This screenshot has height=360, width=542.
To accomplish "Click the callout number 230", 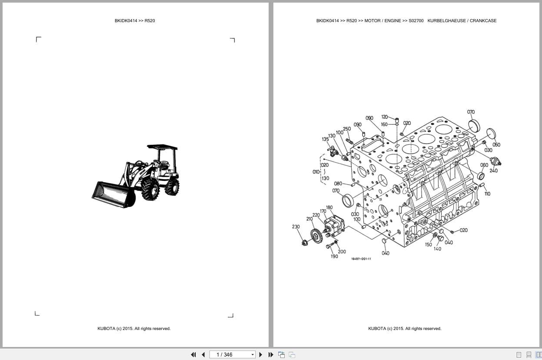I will point(296,227).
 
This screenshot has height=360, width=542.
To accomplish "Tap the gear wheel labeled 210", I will point(316,236).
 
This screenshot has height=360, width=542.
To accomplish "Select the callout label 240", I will point(493,171).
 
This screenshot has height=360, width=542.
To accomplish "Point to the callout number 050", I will point(496,145).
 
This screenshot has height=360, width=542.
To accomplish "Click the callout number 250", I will point(346,129).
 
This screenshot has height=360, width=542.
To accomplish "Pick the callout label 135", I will point(326,140).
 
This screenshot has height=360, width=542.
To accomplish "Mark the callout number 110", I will point(487,194).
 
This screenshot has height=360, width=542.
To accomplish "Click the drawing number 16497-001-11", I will point(361,259).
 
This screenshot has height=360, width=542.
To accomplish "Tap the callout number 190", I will point(334,257).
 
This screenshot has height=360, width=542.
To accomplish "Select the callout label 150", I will point(428,245).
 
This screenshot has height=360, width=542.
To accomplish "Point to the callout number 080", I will point(338,183).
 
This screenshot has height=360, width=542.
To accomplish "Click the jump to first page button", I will point(193,355).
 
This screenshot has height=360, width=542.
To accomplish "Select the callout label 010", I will point(316,172).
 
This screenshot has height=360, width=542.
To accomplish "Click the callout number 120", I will point(384,117).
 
